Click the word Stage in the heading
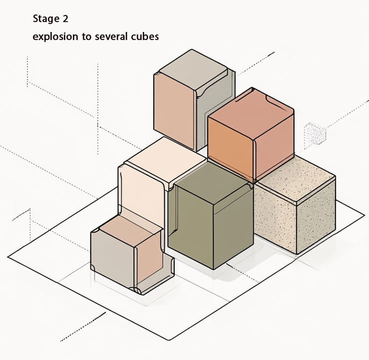(x=46, y=19)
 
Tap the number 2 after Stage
(x=65, y=18)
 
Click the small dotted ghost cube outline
(x=315, y=134)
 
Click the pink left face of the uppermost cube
(x=174, y=110)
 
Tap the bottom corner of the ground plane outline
(x=169, y=340)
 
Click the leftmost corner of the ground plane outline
(x=8, y=257)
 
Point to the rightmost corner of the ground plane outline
(x=365, y=214)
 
